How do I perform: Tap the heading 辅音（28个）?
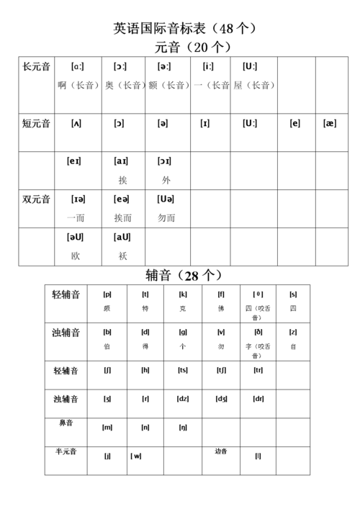pyautogui.click(x=184, y=275)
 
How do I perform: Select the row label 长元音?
pyautogui.click(x=37, y=67)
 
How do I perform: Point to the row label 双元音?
pyautogui.click(x=37, y=199)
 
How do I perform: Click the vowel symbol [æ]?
pyautogui.click(x=330, y=123)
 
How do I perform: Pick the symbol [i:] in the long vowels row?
pyautogui.click(x=208, y=67)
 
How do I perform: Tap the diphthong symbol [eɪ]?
pyautogui.click(x=74, y=161)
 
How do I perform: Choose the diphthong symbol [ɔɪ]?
pyautogui.click(x=164, y=161)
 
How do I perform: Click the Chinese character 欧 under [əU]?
pyautogui.click(x=76, y=256)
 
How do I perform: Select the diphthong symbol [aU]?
pyautogui.click(x=121, y=237)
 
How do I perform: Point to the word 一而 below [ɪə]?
pyautogui.click(x=76, y=217)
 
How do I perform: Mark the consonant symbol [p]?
pyautogui.click(x=107, y=294)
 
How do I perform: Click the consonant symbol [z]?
pyautogui.click(x=293, y=332)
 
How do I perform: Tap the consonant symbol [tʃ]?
pyautogui.click(x=221, y=370)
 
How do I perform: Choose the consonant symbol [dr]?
pyautogui.click(x=258, y=399)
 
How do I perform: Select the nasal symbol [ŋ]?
pyautogui.click(x=183, y=428)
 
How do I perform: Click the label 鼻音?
pyautogui.click(x=66, y=423)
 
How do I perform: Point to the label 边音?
pyautogui.click(x=221, y=451)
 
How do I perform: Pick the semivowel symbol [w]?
pyautogui.click(x=136, y=456)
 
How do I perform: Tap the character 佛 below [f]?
pyautogui.click(x=221, y=308)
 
